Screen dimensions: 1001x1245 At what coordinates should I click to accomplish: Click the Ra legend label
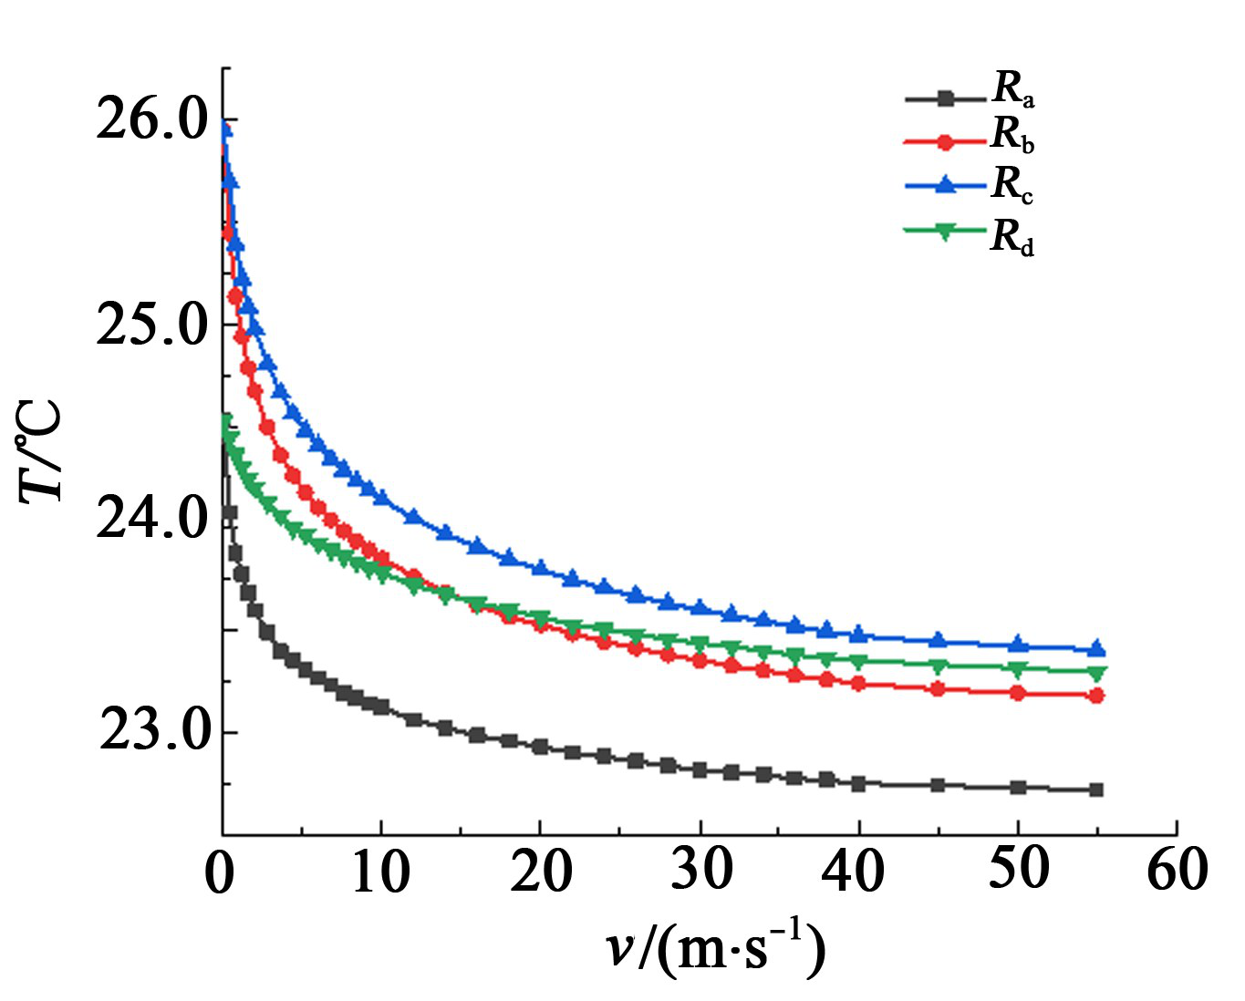coord(1012,89)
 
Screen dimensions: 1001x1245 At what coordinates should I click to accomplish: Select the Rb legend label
coord(1012,136)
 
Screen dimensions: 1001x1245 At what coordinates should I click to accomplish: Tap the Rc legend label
coord(1012,185)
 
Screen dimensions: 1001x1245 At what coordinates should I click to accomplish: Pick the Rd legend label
coord(1012,238)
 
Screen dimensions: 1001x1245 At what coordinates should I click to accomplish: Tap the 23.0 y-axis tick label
coord(155,731)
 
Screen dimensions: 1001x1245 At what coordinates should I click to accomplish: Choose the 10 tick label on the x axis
coord(380,872)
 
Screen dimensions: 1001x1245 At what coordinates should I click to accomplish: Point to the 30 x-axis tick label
coord(701,871)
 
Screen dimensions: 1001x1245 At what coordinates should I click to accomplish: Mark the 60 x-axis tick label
coord(1177,871)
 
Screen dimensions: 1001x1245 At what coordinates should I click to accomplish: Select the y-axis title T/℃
coord(42,450)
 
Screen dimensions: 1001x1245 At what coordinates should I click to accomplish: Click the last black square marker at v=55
coord(1096,789)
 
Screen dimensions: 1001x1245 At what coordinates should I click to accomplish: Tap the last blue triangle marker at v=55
coord(1096,648)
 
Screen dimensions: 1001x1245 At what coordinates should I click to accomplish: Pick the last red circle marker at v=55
coord(1096,696)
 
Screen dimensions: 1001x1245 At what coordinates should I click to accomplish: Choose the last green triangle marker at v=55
coord(1096,673)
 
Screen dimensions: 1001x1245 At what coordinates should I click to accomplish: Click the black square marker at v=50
coord(1018,787)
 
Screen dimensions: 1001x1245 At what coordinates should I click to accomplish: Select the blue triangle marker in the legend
coord(946,185)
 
